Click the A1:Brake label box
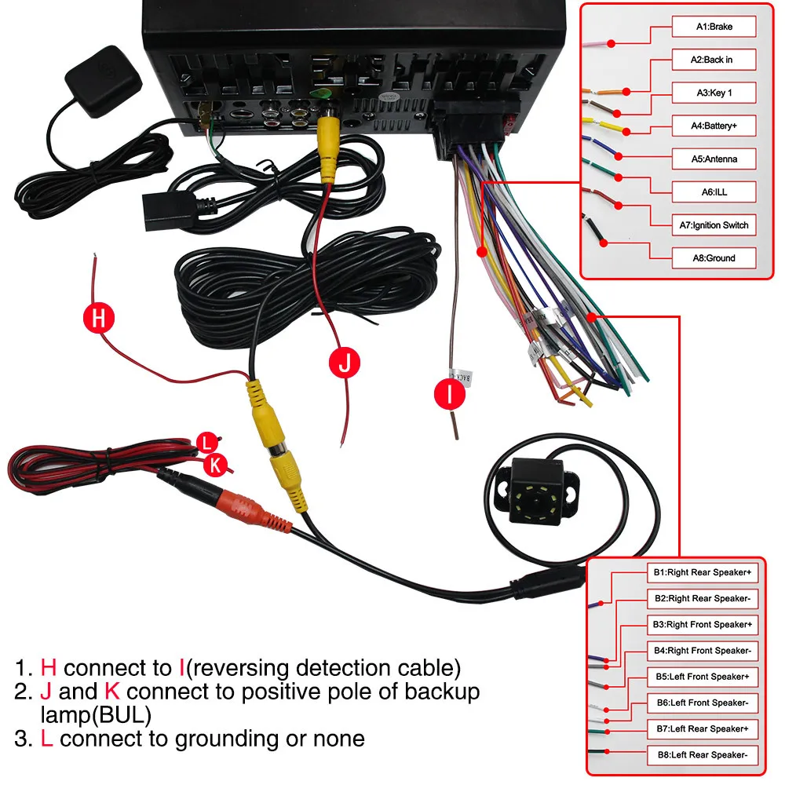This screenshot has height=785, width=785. tap(714, 27)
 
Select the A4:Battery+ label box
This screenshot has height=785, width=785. tap(714, 126)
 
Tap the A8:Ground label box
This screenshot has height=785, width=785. tap(714, 257)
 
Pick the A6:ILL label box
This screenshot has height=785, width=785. tap(714, 192)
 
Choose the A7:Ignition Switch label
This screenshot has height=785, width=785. tap(714, 225)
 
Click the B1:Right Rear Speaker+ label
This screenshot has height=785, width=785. tap(703, 572)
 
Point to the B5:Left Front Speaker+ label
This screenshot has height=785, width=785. tap(703, 677)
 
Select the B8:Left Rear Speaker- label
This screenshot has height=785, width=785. tap(703, 755)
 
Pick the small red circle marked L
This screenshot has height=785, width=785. tap(206, 442)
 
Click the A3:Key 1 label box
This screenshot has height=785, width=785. tap(714, 93)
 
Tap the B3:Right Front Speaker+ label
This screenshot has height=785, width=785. tap(703, 624)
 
